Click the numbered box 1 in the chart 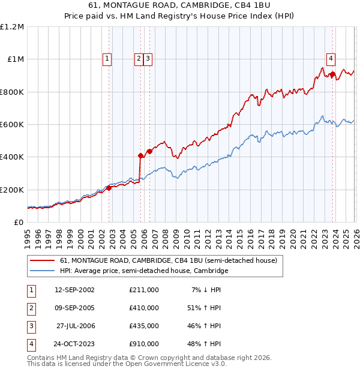[107, 59]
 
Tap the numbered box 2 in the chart [139, 59]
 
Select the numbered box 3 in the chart [148, 59]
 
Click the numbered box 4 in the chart [331, 59]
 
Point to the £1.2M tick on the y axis [13, 27]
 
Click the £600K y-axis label [13, 125]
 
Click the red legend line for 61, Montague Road [43, 261]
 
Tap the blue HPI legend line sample [43, 271]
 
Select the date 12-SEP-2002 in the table [74, 289]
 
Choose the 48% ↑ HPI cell [205, 344]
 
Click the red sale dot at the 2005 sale [140, 155]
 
